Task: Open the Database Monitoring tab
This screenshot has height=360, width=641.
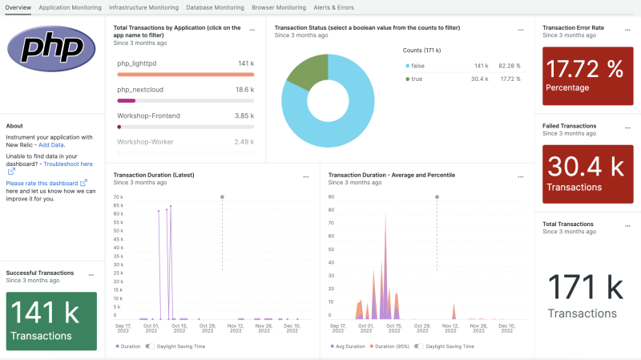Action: coord(215,7)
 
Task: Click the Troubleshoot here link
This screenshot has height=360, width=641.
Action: coord(68,164)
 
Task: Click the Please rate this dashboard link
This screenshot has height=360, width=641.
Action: coord(46,183)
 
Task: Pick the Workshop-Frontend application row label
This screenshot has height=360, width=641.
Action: coord(148,115)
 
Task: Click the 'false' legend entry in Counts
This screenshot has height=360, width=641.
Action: coord(418,66)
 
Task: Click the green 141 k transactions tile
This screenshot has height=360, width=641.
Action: coord(51,320)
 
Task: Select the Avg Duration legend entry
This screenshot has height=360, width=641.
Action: coord(346,346)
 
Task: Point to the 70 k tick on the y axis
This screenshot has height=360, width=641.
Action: coord(118,196)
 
